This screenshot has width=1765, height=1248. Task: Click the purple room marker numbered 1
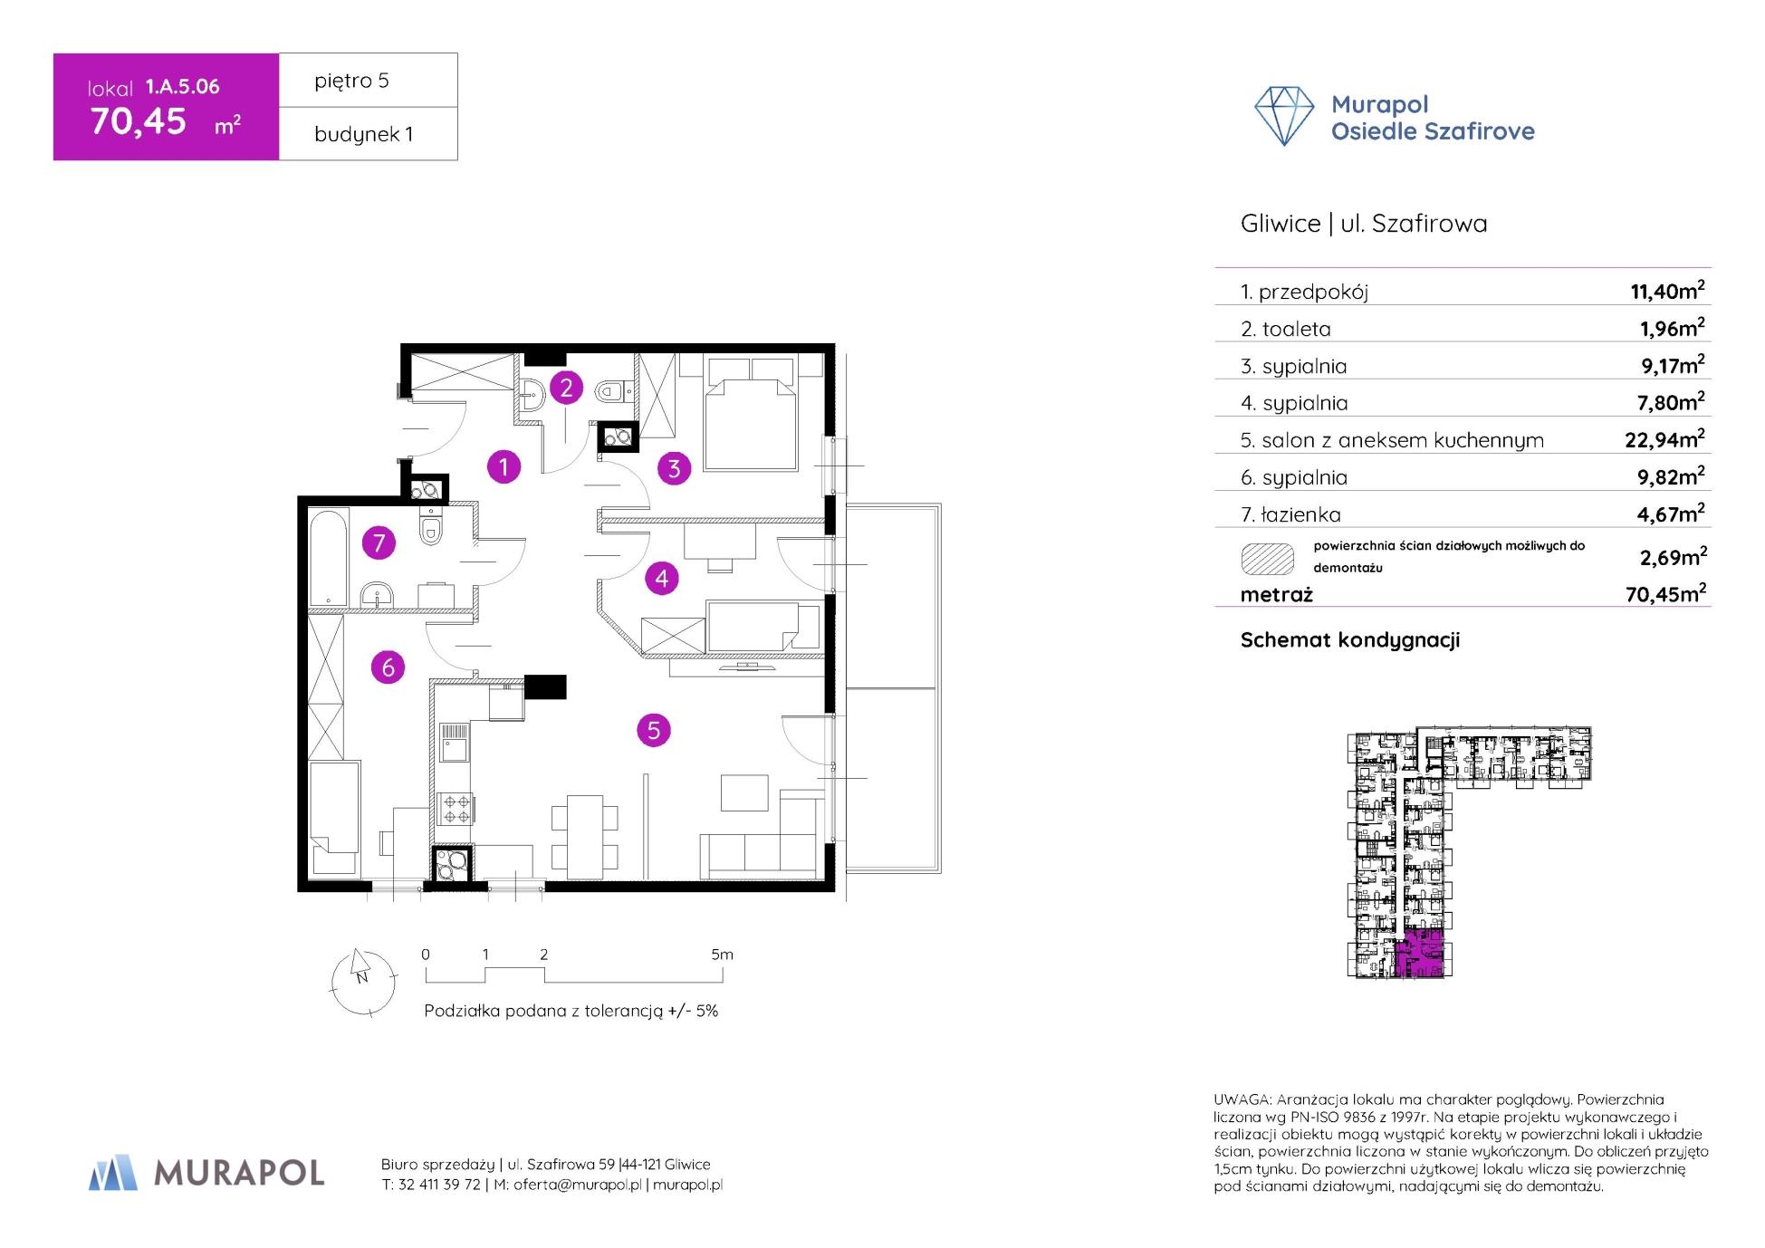pos(504,466)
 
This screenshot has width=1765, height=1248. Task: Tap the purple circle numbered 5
pos(654,730)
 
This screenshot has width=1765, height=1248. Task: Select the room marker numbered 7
pos(379,543)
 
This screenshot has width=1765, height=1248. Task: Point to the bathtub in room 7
pos(328,557)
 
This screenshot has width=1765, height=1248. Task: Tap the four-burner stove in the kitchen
pos(455,809)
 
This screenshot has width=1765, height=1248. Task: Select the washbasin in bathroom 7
pos(376,596)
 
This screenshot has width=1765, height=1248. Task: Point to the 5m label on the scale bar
pos(722,955)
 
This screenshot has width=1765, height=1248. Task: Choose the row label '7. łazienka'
pos(1290,515)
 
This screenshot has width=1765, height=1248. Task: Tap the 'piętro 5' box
pos(368,81)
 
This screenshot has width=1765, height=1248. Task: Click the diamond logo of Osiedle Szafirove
pos(1283,116)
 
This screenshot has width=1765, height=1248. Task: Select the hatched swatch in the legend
pos(1267,559)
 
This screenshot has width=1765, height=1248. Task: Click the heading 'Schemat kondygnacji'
pos(1349,640)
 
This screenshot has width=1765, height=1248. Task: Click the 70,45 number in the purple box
pos(139,121)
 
